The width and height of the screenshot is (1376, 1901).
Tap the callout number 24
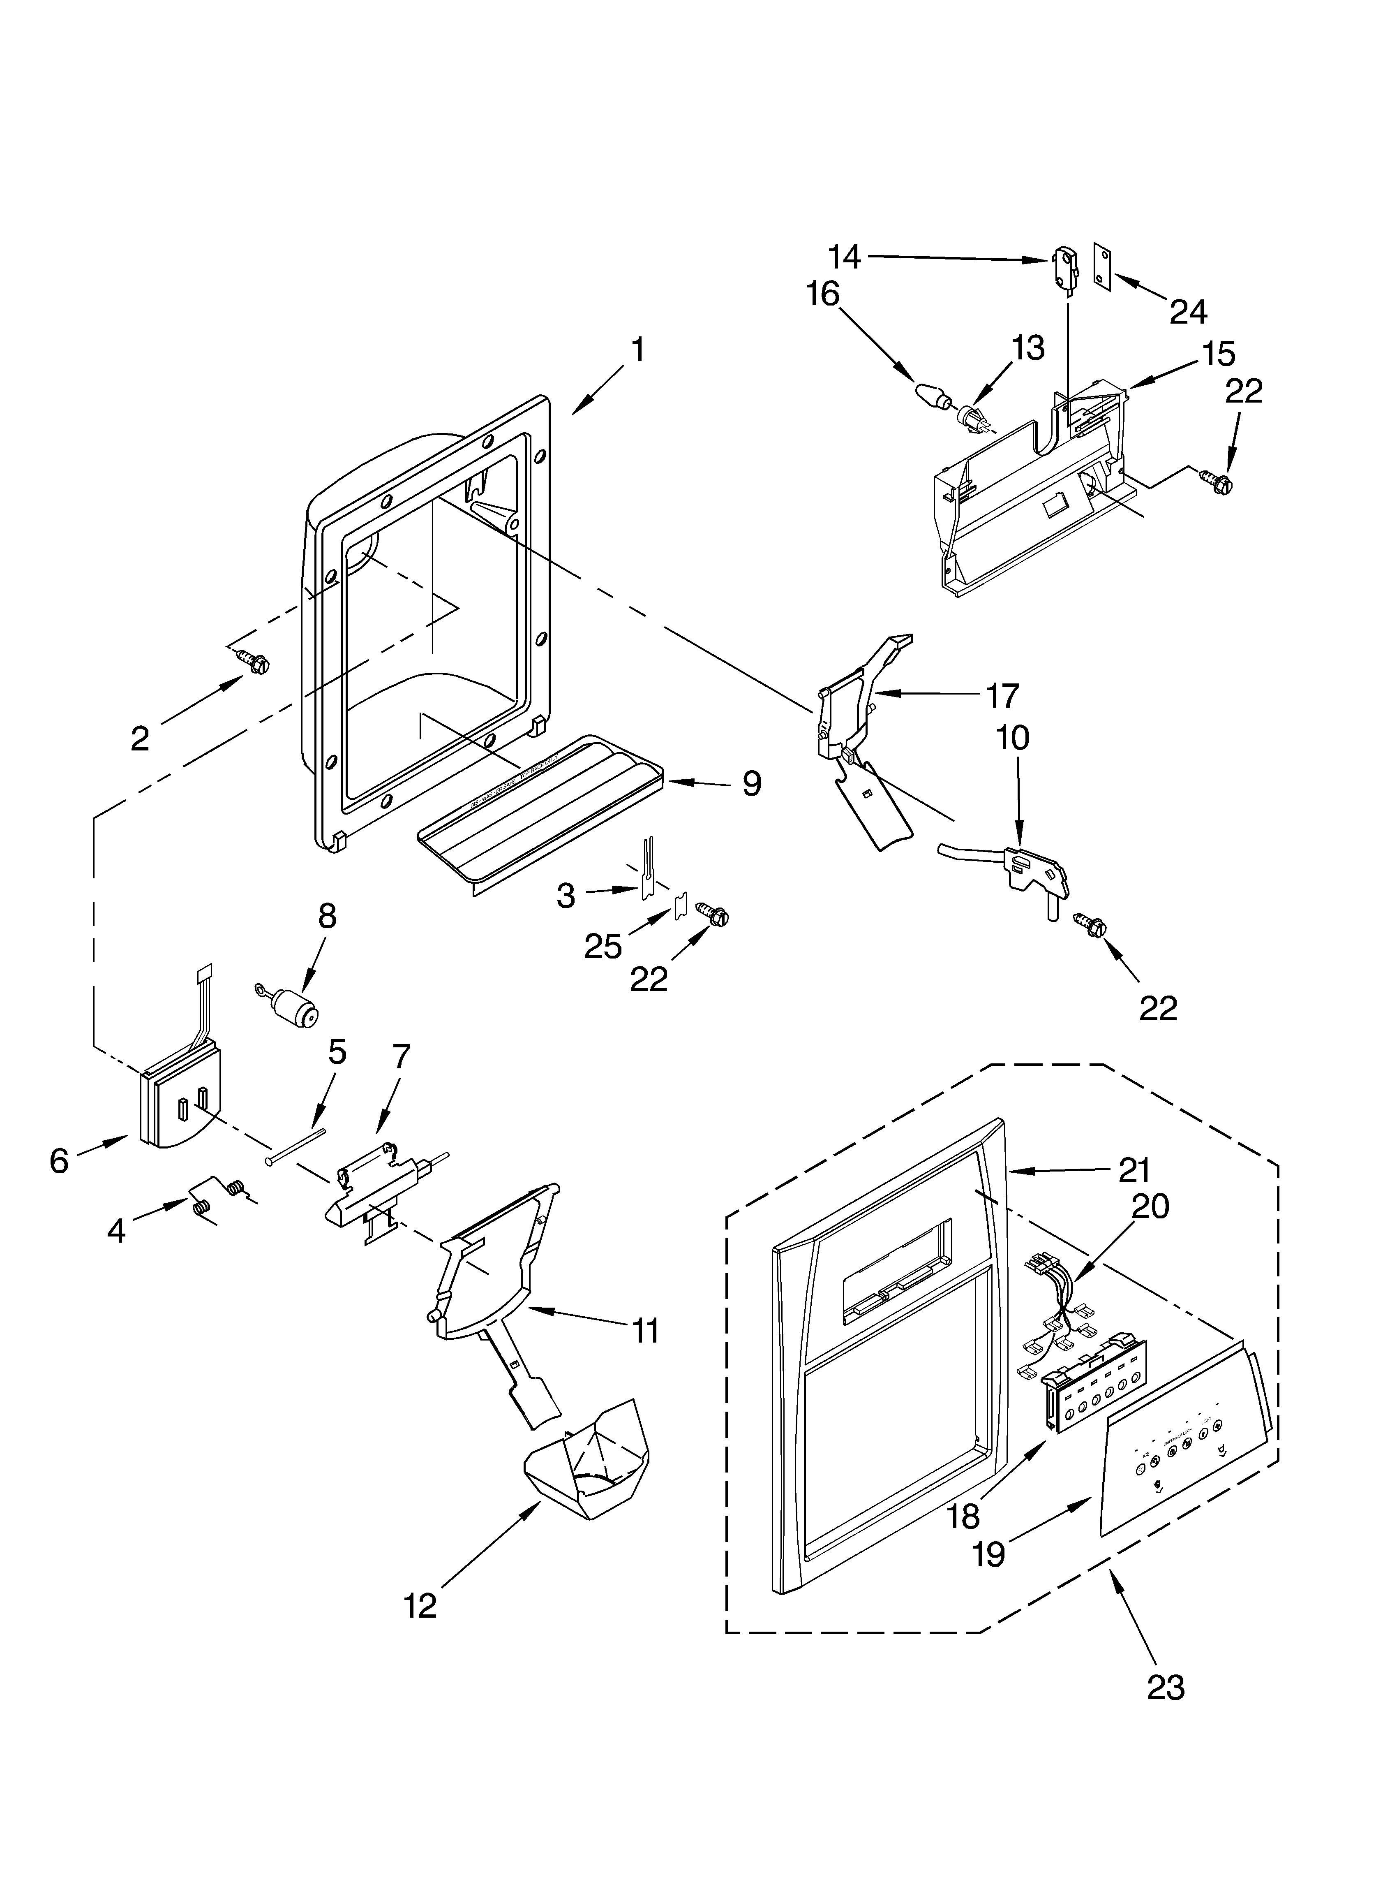(1188, 312)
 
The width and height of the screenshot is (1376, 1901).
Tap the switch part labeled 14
(1062, 262)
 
